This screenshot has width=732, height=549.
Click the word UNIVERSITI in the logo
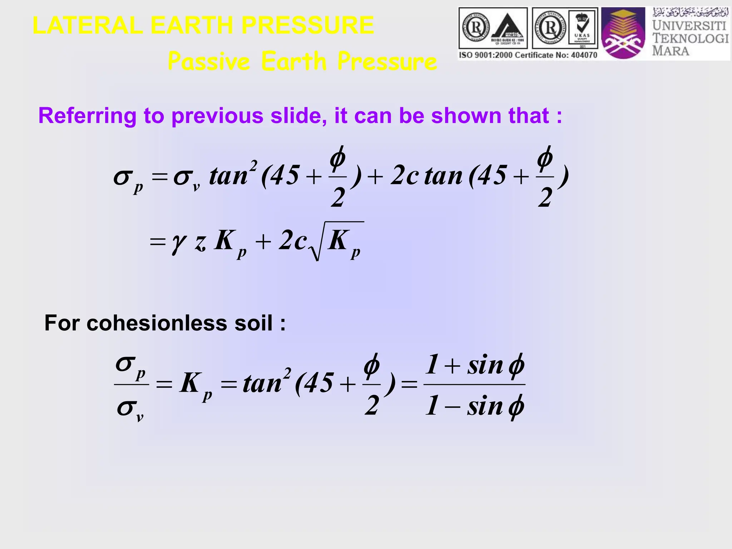(689, 26)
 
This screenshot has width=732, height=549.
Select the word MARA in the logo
(671, 51)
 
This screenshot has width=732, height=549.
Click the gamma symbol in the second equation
(179, 243)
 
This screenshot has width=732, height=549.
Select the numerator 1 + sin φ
(475, 365)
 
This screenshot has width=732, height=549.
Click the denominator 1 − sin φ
(475, 406)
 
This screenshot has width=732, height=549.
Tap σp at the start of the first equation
(128, 179)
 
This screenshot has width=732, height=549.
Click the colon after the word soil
(283, 324)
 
